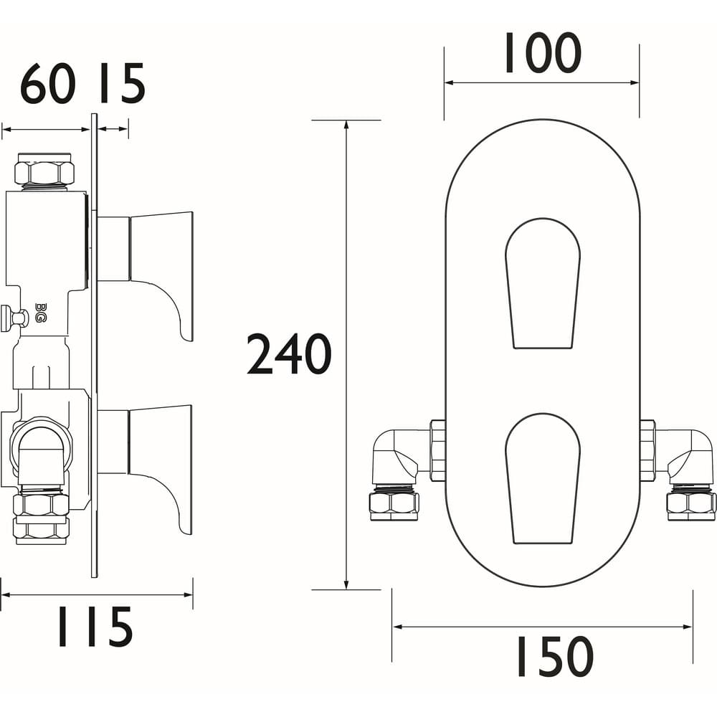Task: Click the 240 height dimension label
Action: point(289,354)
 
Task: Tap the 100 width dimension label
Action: point(543,53)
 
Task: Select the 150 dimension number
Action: point(555,656)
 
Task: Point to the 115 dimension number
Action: point(95,627)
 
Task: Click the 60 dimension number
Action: point(47,84)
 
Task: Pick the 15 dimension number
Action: point(122,84)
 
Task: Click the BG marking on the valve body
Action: point(39,313)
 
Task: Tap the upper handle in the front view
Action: point(543,283)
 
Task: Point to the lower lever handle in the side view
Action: point(146,470)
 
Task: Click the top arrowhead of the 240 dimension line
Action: point(346,125)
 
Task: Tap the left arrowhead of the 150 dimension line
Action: point(398,627)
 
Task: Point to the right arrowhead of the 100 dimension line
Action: point(634,82)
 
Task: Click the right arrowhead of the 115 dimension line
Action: point(187,595)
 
